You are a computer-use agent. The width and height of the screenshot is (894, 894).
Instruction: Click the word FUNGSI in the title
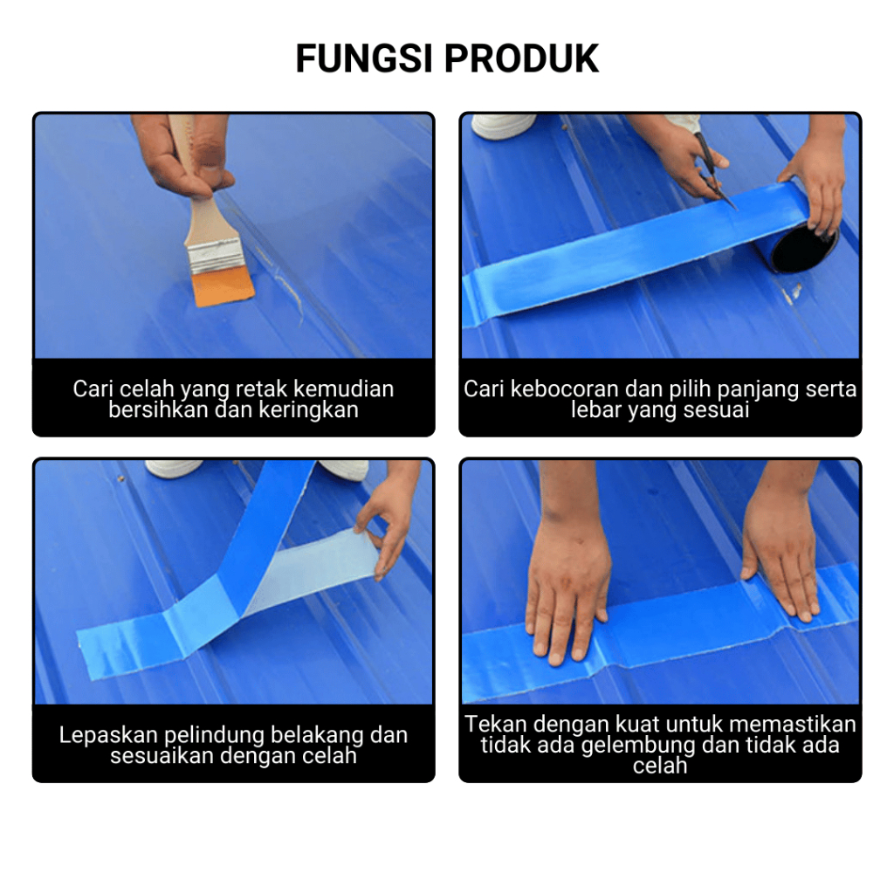coord(364,58)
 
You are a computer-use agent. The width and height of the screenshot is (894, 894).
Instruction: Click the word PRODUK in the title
coord(522,58)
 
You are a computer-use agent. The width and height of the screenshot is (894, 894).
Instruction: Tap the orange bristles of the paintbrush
coord(223,286)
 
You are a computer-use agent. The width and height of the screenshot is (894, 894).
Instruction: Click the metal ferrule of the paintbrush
coord(216,256)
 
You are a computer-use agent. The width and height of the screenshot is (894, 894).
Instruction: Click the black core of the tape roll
coord(803,249)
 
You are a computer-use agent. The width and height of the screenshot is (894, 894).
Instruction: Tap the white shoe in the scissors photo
coord(503,126)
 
